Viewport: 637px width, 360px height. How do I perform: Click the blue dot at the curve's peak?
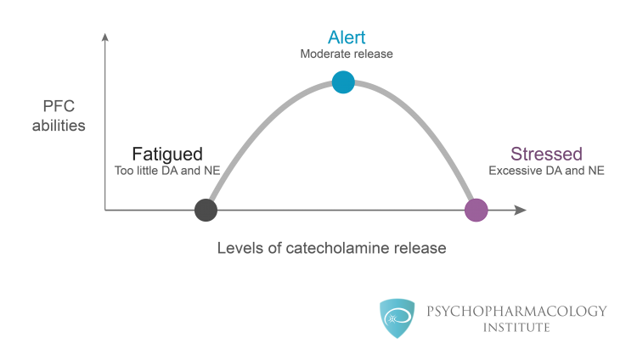343,82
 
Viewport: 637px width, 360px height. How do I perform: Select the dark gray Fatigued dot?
206,210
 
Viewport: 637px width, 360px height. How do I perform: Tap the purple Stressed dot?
476,210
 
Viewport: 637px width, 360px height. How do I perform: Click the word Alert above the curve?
347,37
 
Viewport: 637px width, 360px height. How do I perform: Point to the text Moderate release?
347,54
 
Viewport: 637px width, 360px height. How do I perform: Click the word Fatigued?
167,155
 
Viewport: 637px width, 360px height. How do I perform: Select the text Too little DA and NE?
167,171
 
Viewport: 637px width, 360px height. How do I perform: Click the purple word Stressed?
546,154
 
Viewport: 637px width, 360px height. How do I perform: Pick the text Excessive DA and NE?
546,171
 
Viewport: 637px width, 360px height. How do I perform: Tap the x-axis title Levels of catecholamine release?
331,248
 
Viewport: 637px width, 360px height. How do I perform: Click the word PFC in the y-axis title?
59,106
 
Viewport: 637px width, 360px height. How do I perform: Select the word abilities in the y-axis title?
59,126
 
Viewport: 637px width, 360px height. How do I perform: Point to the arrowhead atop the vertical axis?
105,37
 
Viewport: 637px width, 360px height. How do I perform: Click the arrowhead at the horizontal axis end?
521,210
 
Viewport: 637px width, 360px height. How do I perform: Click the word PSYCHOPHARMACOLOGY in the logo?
516,312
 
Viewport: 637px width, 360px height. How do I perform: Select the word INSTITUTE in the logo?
516,328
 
